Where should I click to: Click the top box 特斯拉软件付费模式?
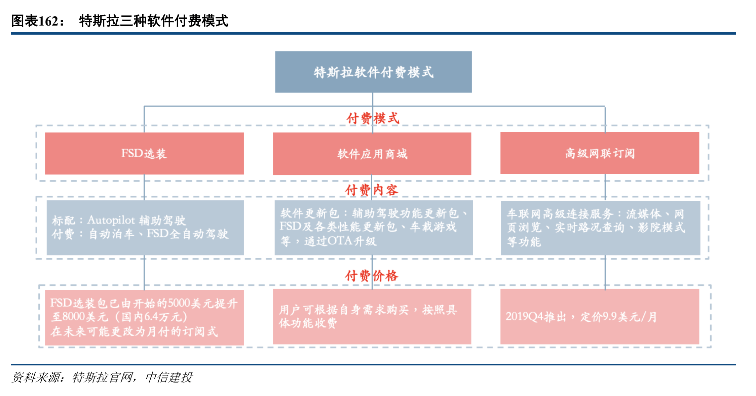(373, 72)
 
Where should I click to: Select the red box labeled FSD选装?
(144, 153)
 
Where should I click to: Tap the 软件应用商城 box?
(372, 154)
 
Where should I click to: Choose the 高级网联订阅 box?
(600, 153)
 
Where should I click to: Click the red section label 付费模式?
(373, 118)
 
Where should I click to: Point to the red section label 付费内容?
(372, 190)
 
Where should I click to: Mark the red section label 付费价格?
(372, 276)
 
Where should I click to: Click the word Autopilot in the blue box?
(111, 220)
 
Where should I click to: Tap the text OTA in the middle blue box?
(340, 241)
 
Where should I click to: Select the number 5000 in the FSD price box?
(179, 303)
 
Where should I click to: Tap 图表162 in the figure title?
(35, 21)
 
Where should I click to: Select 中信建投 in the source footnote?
(169, 378)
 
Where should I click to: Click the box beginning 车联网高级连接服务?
(601, 228)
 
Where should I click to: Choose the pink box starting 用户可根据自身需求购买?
(372, 317)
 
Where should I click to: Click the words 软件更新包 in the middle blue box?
(309, 213)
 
